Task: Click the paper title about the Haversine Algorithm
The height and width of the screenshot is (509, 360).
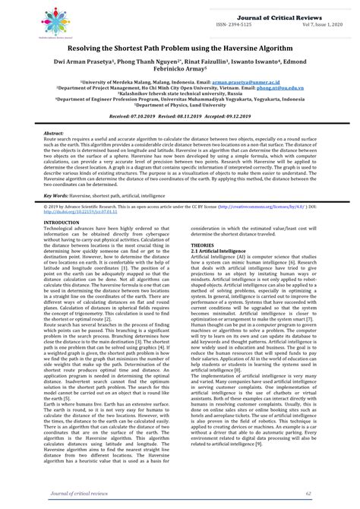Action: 179,49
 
